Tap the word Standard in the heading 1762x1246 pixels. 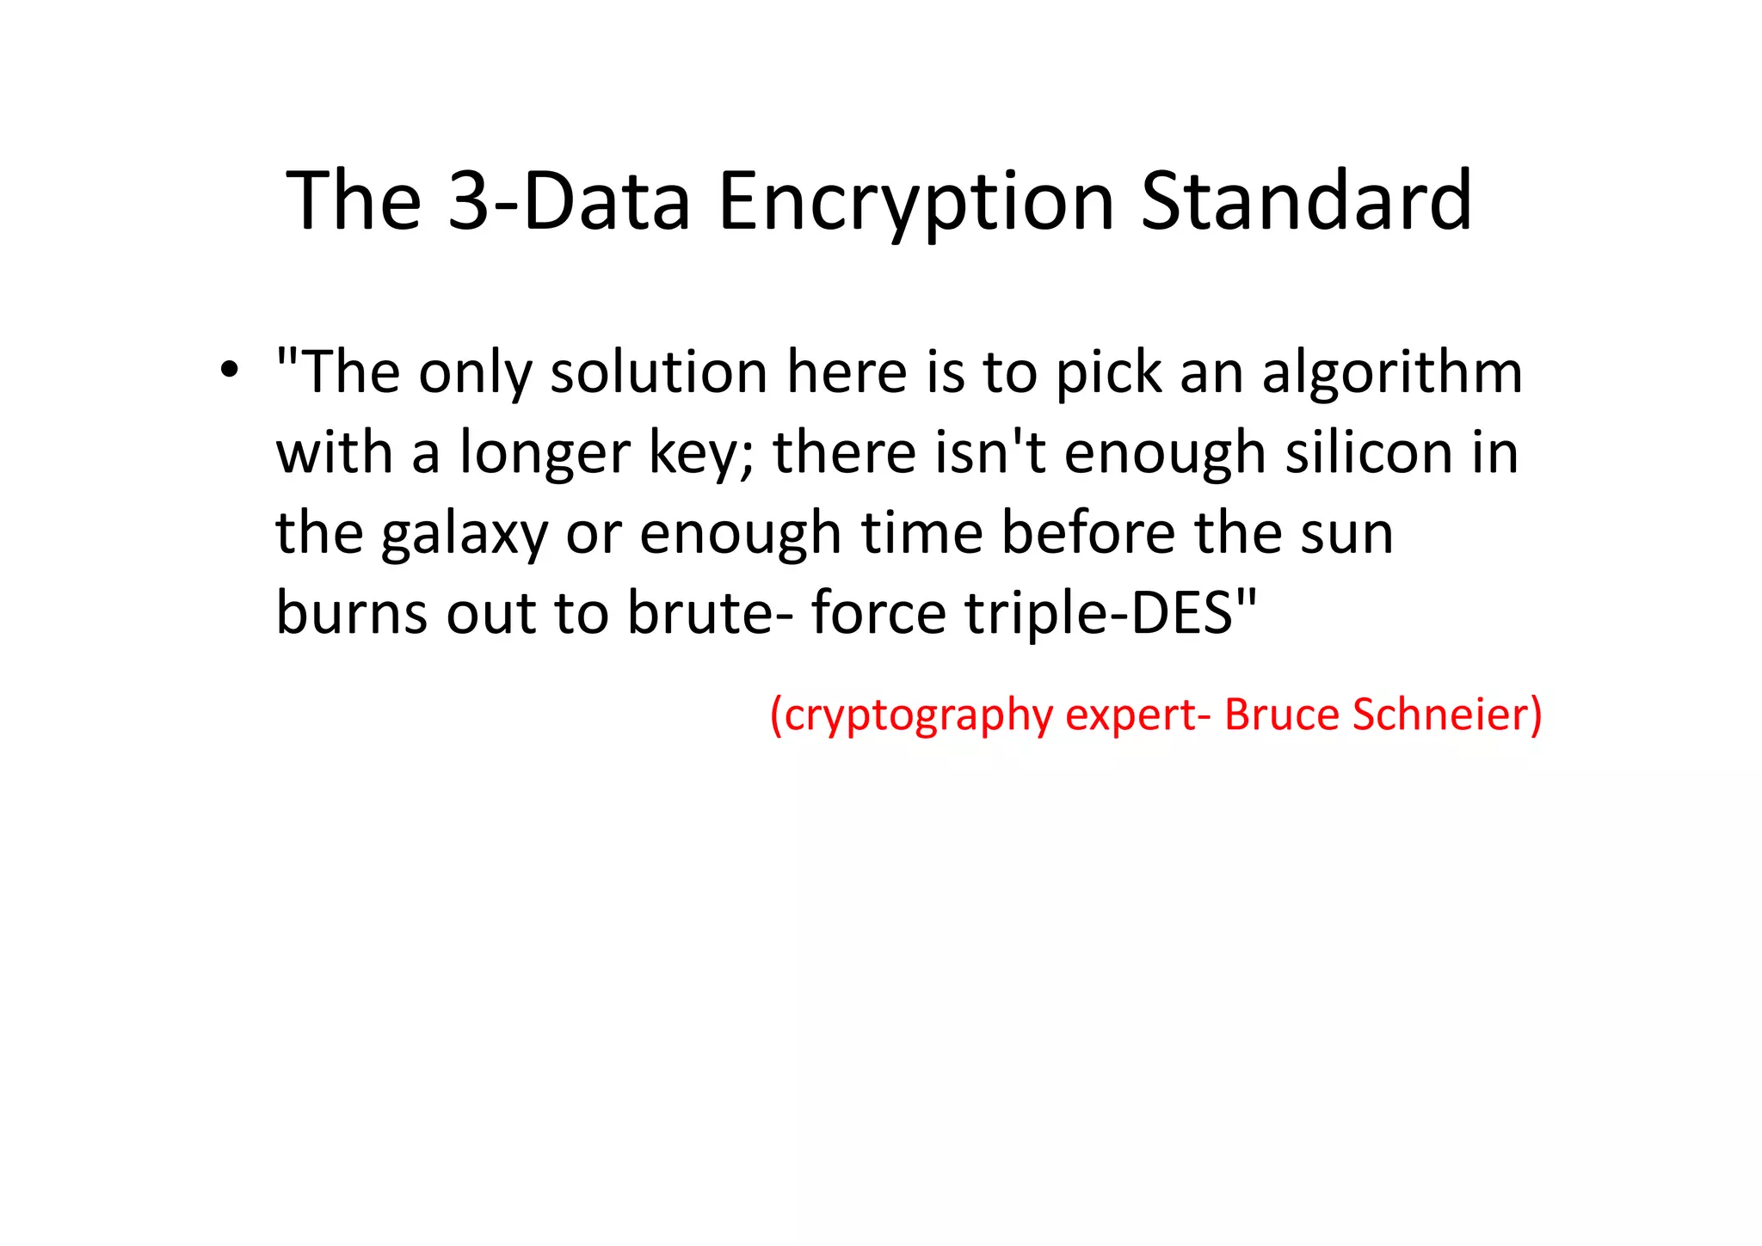(x=1306, y=201)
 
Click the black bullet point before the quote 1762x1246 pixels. (x=228, y=371)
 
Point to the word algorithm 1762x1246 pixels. (x=1391, y=374)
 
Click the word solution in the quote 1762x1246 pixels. (x=658, y=373)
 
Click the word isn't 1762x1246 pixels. (x=989, y=453)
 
